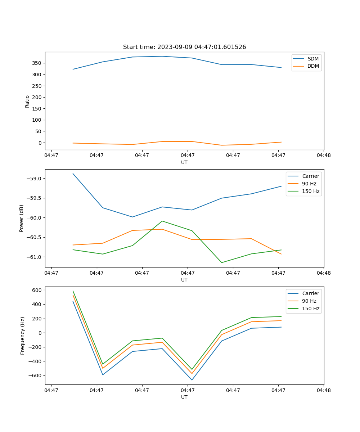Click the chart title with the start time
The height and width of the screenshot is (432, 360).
[184, 47]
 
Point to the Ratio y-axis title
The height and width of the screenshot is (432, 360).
[27, 101]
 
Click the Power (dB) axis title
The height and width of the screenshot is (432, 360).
[22, 218]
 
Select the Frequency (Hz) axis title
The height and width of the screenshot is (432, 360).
[22, 336]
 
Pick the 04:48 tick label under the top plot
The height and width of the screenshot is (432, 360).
[324, 156]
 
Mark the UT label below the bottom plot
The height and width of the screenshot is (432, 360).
[184, 397]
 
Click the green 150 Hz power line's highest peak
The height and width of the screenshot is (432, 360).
[162, 221]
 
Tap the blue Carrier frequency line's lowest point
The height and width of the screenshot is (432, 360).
[192, 380]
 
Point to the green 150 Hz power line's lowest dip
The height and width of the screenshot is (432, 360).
[221, 262]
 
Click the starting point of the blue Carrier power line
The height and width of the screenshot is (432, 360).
[73, 174]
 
